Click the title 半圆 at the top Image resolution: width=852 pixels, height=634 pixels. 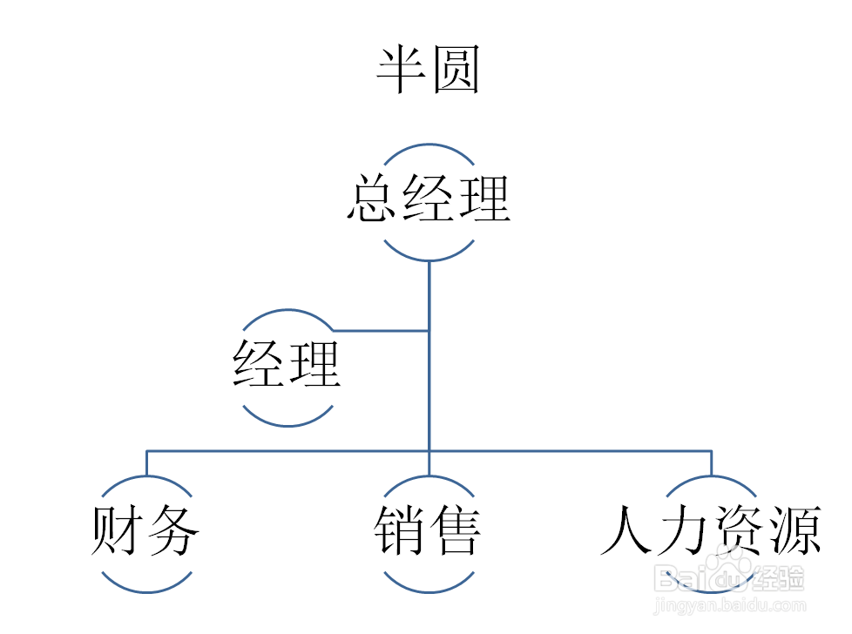tap(428, 71)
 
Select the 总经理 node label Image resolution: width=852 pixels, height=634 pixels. tap(428, 199)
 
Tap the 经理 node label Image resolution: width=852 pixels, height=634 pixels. tap(287, 364)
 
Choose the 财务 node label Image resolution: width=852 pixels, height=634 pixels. tap(146, 529)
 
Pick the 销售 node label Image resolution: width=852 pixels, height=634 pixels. tap(428, 529)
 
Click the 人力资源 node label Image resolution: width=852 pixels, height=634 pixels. tap(711, 529)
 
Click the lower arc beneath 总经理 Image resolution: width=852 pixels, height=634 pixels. tap(428, 260)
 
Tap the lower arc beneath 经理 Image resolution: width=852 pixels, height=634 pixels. tap(287, 424)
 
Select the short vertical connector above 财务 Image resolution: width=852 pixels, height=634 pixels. tap(146, 462)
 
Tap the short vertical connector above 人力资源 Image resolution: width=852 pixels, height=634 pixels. tap(711, 462)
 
